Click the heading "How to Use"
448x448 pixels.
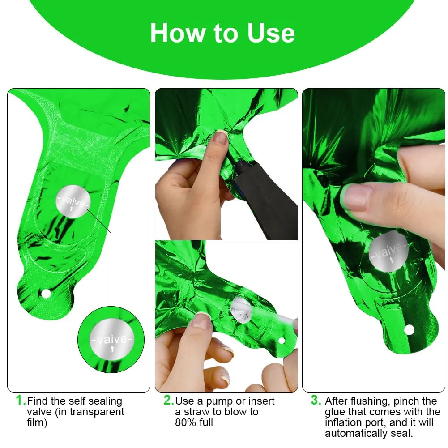pos(222,33)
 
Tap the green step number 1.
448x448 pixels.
pos(21,400)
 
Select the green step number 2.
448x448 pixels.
pos(169,400)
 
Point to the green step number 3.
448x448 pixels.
pos(316,400)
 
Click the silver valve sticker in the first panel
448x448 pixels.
pos(73,201)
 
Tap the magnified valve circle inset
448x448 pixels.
pos(111,339)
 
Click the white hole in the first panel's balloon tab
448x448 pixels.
pos(46,294)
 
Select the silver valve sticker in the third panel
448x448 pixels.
pos(388,252)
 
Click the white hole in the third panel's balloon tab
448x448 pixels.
pos(409,330)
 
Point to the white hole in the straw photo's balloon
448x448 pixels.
pos(282,341)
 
